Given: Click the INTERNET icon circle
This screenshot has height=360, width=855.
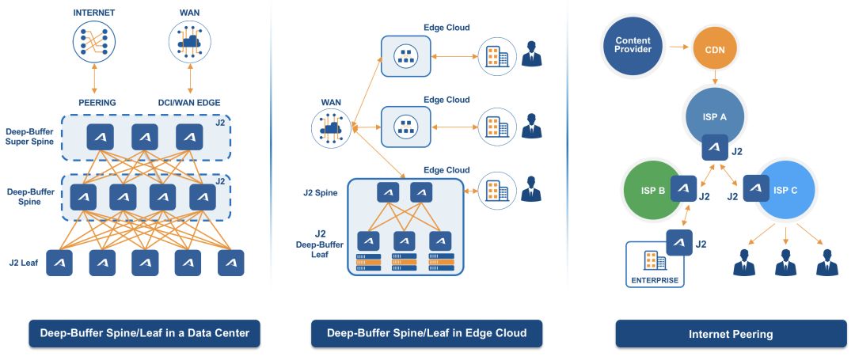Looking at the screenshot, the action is [x=94, y=41].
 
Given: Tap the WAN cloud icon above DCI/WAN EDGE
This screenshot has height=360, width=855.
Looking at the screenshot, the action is [x=190, y=41].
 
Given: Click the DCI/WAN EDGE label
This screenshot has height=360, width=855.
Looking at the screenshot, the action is [x=190, y=102].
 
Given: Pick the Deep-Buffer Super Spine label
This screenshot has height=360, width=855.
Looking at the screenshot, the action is [x=31, y=137].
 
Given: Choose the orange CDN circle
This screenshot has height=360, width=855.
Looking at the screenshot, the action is [x=714, y=51].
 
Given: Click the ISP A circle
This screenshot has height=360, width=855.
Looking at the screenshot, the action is [x=714, y=116].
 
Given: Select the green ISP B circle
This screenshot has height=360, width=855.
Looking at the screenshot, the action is [x=652, y=191].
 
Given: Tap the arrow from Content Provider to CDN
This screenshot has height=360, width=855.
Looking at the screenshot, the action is [x=679, y=47].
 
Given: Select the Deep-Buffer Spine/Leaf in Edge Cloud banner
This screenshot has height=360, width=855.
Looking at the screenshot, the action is [x=427, y=333].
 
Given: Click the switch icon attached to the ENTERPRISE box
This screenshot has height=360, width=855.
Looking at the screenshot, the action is [x=679, y=243].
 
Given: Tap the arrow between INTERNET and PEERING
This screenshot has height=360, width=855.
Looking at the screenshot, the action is [x=94, y=78].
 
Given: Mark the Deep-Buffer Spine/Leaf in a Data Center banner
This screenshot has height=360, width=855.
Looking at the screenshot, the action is [x=145, y=333].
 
